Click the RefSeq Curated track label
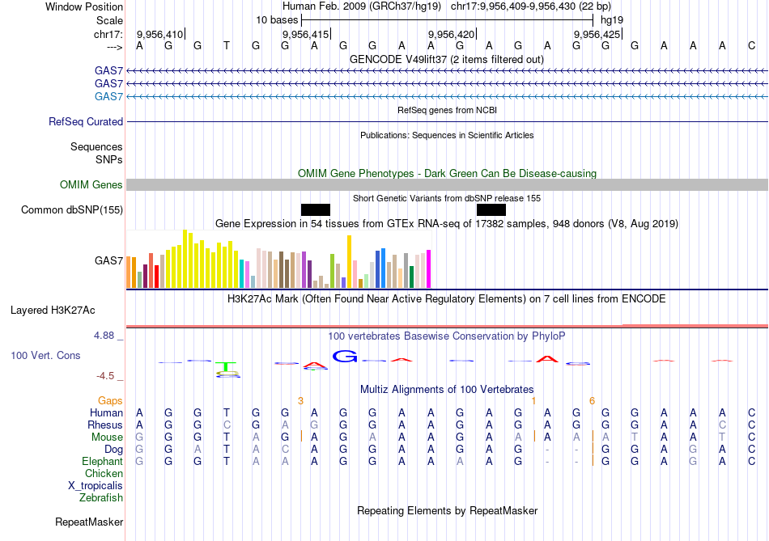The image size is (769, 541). click(86, 121)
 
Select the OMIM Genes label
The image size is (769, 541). click(91, 185)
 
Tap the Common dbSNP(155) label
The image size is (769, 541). click(72, 210)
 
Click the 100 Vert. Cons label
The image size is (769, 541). click(45, 355)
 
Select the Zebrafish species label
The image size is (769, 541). click(101, 498)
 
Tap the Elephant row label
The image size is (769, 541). click(102, 462)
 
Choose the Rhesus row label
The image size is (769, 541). click(105, 425)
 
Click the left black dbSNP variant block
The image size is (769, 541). click(316, 209)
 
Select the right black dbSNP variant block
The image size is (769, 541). click(491, 209)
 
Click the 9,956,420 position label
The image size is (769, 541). click(450, 34)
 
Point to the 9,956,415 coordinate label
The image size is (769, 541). click(305, 34)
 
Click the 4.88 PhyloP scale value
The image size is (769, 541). click(108, 336)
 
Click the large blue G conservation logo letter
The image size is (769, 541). click(346, 356)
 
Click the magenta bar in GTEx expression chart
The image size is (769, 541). click(428, 268)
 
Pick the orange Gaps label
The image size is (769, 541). click(110, 400)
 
